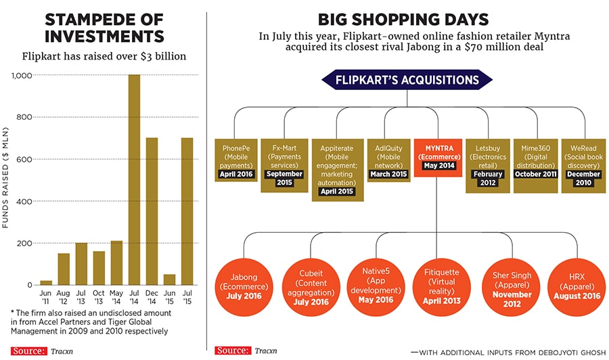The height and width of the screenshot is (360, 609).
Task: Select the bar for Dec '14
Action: pyautogui.click(x=152, y=211)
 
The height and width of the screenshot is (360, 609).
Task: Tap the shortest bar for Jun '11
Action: pyautogui.click(x=46, y=283)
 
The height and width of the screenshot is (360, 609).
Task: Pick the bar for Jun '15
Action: pyautogui.click(x=169, y=279)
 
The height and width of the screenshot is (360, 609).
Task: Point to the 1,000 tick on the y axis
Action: pyautogui.click(x=22, y=75)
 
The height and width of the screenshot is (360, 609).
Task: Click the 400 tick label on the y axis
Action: pyautogui.click(x=25, y=201)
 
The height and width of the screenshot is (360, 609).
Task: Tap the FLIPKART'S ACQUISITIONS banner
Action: pyautogui.click(x=407, y=81)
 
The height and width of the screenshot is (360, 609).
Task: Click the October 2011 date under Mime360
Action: pyautogui.click(x=536, y=174)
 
